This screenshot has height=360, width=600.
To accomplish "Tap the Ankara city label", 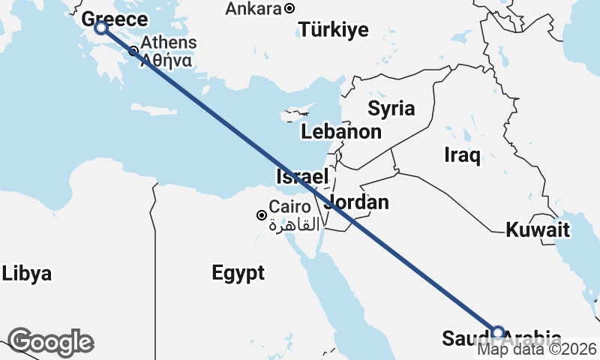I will [254, 9].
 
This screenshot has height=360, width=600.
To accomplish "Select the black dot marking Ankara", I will [289, 9].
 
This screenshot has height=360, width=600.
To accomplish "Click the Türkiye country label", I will [334, 30].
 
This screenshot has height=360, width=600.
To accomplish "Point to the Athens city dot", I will [133, 51].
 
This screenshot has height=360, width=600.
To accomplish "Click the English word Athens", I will [169, 43].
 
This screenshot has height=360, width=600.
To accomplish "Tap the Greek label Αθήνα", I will [169, 60].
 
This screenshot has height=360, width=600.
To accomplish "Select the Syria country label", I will [391, 108].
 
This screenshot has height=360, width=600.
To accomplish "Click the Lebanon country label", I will [341, 132].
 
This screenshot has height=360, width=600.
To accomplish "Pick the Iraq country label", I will [462, 155].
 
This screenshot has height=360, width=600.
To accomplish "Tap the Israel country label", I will [302, 178].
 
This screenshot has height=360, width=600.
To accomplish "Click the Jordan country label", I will [358, 202].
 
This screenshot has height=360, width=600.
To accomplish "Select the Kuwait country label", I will [538, 229].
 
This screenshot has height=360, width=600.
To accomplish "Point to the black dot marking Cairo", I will [262, 215].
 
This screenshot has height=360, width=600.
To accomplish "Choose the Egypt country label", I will [238, 273].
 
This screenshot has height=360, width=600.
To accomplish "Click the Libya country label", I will [26, 273].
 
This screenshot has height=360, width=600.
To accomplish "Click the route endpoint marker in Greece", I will [101, 28].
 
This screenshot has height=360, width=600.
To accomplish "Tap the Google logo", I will [51, 342].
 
